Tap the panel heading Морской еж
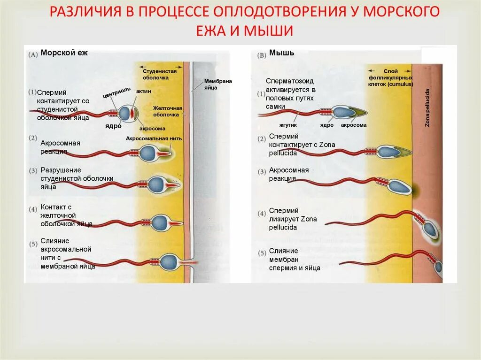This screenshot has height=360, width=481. point(64,53)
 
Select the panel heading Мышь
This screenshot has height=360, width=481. point(282,53)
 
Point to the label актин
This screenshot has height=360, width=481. point(144,91)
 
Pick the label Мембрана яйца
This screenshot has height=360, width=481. point(218,84)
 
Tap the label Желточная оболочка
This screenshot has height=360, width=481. point(167,111)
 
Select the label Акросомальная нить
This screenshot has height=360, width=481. point(154,138)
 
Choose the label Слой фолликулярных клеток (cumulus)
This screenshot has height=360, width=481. point(390,77)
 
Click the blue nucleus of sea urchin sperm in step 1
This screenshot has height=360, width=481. point(126,114)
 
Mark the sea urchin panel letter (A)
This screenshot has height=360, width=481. point(33,54)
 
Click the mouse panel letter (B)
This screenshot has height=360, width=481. point(262,54)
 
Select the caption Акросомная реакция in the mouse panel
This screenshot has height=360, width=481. point(289,174)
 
